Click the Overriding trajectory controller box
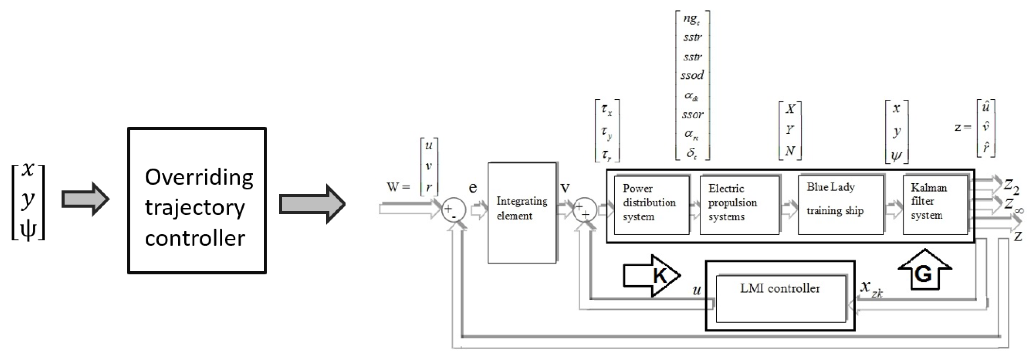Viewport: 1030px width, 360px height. coord(197,201)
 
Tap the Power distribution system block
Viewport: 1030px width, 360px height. coord(651,205)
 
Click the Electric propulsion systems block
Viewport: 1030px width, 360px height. coord(739,205)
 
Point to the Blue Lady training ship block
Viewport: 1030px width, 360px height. coord(840,205)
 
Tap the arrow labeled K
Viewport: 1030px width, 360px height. coord(651,276)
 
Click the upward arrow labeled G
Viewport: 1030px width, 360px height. coord(924,270)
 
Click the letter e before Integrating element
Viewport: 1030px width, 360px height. coord(473,187)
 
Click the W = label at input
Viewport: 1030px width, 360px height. coord(398,187)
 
